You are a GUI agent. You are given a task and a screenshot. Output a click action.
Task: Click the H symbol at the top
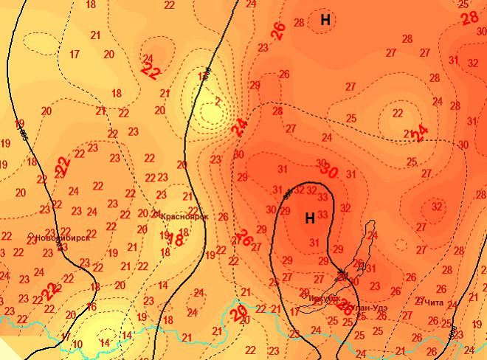tap(325, 20)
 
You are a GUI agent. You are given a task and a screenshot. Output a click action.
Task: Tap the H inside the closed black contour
tap(310, 218)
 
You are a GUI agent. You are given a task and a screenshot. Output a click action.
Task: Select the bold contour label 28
tap(469, 18)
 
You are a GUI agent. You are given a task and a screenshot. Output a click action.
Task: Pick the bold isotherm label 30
tap(329, 171)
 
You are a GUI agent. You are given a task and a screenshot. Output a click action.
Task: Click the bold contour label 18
tap(176, 240)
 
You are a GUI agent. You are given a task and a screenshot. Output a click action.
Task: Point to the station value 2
tap(218, 101)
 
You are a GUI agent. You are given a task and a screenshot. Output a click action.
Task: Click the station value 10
tap(77, 345)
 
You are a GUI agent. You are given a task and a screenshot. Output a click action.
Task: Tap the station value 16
tap(91, 307)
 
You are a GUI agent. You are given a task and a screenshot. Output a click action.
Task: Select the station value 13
tap(203, 77)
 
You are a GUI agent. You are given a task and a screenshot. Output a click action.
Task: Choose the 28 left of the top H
tap(299, 23)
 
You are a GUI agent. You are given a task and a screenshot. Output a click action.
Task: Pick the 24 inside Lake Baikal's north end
tap(372, 236)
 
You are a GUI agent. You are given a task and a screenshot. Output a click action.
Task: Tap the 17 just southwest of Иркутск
tap(295, 312)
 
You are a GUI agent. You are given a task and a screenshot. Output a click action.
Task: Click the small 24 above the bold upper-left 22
tap(148, 58)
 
